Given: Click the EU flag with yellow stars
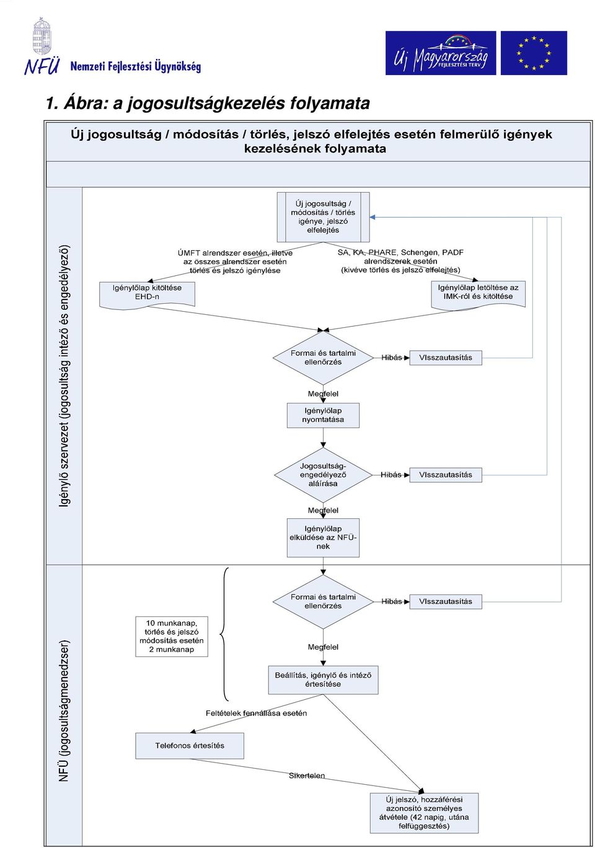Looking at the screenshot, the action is [534, 53].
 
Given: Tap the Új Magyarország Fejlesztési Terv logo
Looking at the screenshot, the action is [441, 53].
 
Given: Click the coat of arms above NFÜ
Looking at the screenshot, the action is [42, 36].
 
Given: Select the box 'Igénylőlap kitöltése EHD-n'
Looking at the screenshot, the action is [148, 295].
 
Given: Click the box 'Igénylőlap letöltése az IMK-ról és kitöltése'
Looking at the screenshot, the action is [478, 295].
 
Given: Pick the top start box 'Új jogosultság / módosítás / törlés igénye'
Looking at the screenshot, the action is [323, 217].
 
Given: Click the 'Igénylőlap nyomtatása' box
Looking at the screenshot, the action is [323, 415].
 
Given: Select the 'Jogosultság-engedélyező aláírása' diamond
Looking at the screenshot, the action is [323, 475].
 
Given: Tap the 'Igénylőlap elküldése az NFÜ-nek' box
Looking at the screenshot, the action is [323, 537].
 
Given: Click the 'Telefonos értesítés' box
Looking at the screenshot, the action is [190, 746].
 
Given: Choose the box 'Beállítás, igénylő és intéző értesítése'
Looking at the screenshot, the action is [324, 680].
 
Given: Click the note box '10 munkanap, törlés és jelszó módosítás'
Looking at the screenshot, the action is [172, 637].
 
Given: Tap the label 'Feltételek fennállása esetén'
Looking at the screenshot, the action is [256, 713].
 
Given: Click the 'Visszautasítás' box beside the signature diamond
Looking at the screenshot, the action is [446, 475].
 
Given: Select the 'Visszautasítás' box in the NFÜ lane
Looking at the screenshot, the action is [446, 601].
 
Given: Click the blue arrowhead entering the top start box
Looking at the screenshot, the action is [372, 218].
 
